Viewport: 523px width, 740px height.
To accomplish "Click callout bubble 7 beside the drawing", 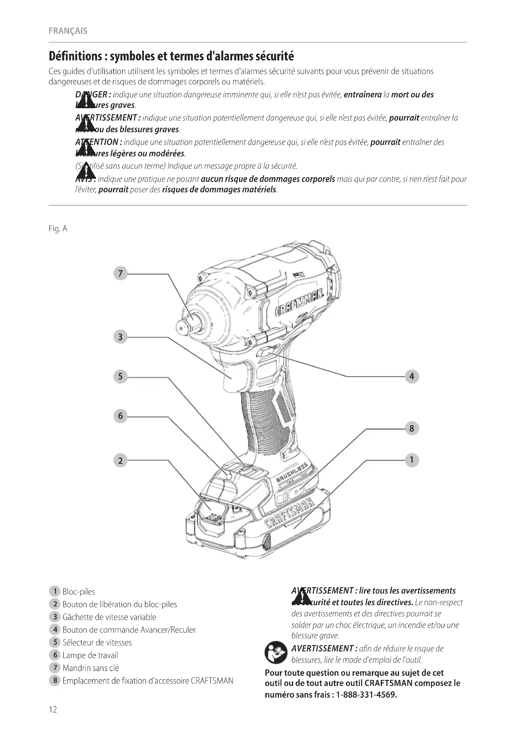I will point(120,273).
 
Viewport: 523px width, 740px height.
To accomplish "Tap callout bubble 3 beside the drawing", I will point(120,337).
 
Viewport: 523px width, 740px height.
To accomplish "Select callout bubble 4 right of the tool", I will point(412,376).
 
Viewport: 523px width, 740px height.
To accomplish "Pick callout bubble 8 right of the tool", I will point(412,428).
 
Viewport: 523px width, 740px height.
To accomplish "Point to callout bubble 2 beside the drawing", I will point(120,460).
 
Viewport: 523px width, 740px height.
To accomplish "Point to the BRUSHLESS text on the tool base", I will point(292,473).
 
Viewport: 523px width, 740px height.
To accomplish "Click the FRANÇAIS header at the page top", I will point(68,31).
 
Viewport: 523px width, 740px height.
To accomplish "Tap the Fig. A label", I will point(58,228).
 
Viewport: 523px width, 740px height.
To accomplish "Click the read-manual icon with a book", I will point(276,652).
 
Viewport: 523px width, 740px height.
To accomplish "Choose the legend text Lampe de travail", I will point(90,655).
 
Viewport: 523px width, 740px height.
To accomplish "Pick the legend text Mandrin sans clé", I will point(90,668).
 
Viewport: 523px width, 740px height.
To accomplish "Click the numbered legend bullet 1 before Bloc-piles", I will point(55,591).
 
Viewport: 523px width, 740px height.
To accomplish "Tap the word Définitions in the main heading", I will point(75,56).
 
